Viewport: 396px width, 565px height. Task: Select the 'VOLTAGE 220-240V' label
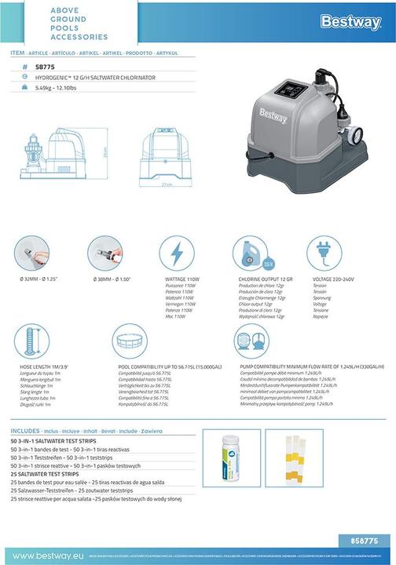click(x=334, y=279)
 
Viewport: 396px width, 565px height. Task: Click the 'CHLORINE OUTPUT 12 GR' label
click(x=266, y=279)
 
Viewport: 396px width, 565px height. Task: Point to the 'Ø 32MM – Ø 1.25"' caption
click(x=33, y=279)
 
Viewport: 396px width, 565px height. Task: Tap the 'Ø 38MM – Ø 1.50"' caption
click(x=108, y=279)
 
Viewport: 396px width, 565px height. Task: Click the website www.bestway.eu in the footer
click(x=42, y=556)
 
